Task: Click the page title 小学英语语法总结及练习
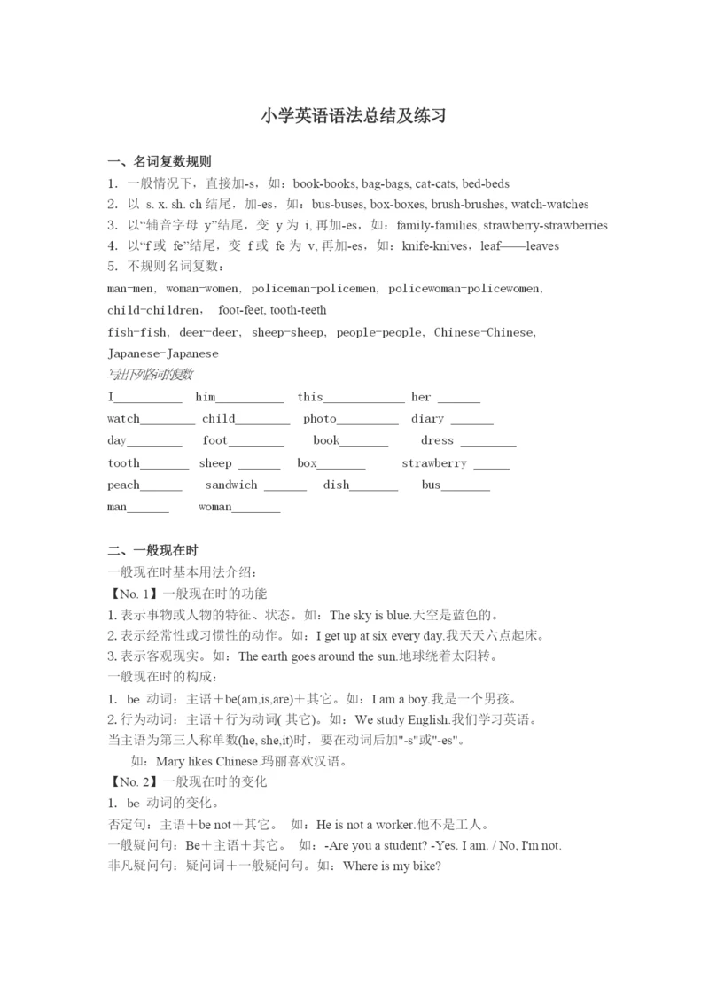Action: click(354, 116)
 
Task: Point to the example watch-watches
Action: click(550, 204)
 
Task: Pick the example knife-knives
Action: click(436, 245)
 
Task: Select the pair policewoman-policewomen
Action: click(465, 289)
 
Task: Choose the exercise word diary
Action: click(427, 418)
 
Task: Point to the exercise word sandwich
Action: click(231, 485)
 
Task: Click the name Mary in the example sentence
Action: click(168, 761)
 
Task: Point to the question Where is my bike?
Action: click(392, 866)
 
